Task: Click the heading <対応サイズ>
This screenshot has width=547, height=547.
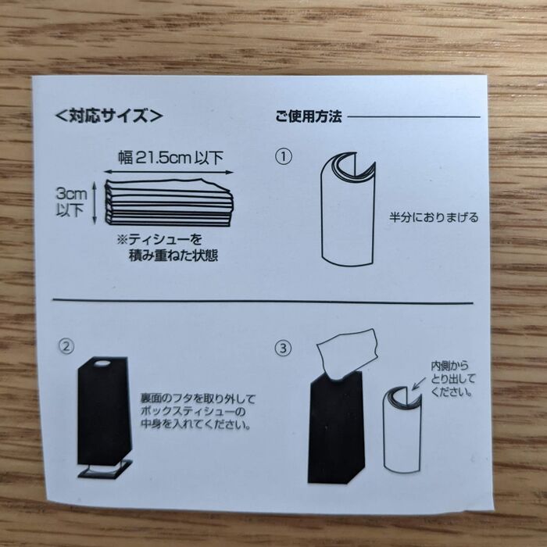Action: [109, 116]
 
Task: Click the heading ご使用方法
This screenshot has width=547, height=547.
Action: [309, 116]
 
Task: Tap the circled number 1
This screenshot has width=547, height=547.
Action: [284, 156]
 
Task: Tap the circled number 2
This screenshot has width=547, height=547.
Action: [66, 346]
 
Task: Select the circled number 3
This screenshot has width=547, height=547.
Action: [283, 349]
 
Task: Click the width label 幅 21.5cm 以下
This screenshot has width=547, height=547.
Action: [170, 158]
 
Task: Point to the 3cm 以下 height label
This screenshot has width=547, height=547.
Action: [71, 202]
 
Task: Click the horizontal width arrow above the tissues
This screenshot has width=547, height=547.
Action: [169, 172]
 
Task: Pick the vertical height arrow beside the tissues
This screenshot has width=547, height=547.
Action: [95, 203]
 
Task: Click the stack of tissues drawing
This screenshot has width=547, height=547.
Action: [169, 203]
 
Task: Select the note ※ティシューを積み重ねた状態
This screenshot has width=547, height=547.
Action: [167, 248]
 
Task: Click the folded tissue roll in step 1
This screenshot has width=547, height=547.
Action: [348, 209]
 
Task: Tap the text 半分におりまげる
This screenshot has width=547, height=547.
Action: [434, 218]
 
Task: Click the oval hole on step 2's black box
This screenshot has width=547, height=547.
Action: [102, 364]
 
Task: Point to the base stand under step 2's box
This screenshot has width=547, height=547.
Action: [105, 469]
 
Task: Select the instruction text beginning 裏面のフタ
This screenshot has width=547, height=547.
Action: [198, 412]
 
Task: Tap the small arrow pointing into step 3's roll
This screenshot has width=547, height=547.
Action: [419, 383]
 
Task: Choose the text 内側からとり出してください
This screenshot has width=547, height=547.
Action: [452, 379]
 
